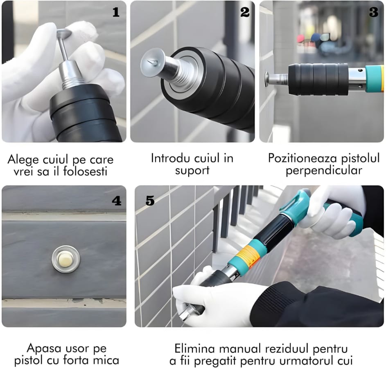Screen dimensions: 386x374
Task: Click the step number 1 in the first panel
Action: click(116, 12)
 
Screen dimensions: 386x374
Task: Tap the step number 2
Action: click(245, 12)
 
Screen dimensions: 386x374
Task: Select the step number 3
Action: click(373, 12)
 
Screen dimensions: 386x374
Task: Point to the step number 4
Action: click(116, 201)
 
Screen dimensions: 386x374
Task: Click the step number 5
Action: click(150, 201)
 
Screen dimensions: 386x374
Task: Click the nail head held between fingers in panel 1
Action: click(64, 32)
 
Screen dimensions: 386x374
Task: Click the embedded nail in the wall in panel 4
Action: click(66, 259)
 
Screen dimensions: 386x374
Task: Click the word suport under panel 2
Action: click(192, 170)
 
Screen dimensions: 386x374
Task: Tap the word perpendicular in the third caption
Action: click(324, 170)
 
